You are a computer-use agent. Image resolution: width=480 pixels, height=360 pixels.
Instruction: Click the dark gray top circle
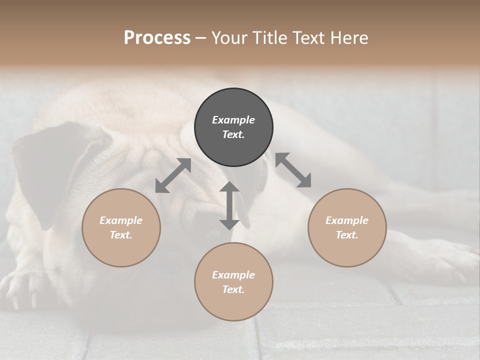tap(233, 127)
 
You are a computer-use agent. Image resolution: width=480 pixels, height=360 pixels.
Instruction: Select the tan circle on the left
tap(121, 228)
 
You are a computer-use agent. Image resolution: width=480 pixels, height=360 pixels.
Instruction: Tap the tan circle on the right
tap(347, 228)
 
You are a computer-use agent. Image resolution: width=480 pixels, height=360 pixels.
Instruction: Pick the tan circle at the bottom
tap(233, 282)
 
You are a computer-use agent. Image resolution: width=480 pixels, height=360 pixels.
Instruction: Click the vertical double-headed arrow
tap(229, 205)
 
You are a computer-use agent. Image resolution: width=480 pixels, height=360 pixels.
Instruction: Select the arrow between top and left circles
tap(173, 175)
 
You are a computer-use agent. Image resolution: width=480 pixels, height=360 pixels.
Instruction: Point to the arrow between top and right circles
tap(293, 170)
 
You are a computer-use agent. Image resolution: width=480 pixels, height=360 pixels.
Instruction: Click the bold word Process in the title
tap(157, 37)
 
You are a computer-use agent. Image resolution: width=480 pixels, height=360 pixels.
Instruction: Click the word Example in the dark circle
tap(233, 120)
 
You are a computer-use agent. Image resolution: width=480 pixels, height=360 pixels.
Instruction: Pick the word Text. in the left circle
tap(121, 235)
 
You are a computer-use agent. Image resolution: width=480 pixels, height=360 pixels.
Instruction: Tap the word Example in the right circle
tap(347, 220)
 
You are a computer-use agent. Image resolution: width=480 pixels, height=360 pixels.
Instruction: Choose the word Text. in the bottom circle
tap(233, 289)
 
